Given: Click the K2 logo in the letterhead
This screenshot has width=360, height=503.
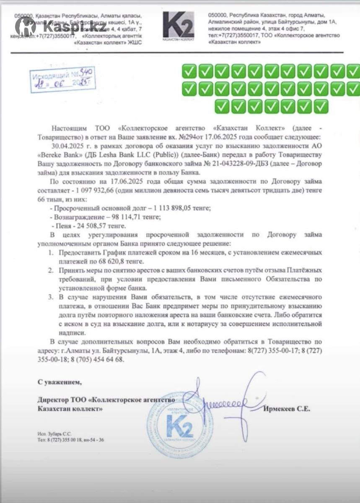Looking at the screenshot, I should (x=179, y=25).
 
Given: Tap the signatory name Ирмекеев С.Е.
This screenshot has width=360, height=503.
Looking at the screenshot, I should (x=287, y=409).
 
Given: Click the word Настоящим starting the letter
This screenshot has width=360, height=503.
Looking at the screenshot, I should (x=67, y=128).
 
